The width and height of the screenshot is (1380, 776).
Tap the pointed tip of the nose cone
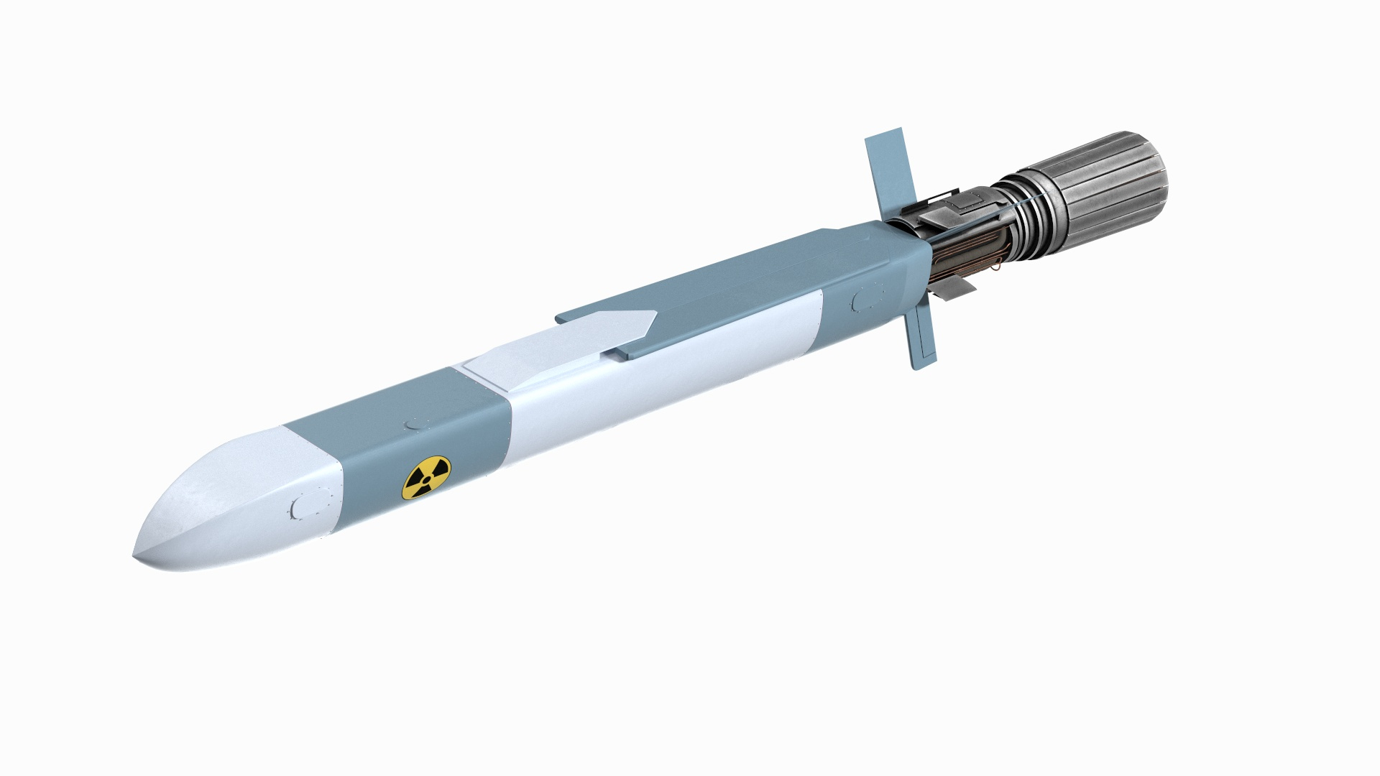click(x=136, y=558)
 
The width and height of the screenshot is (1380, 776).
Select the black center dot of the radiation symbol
click(x=425, y=478)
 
